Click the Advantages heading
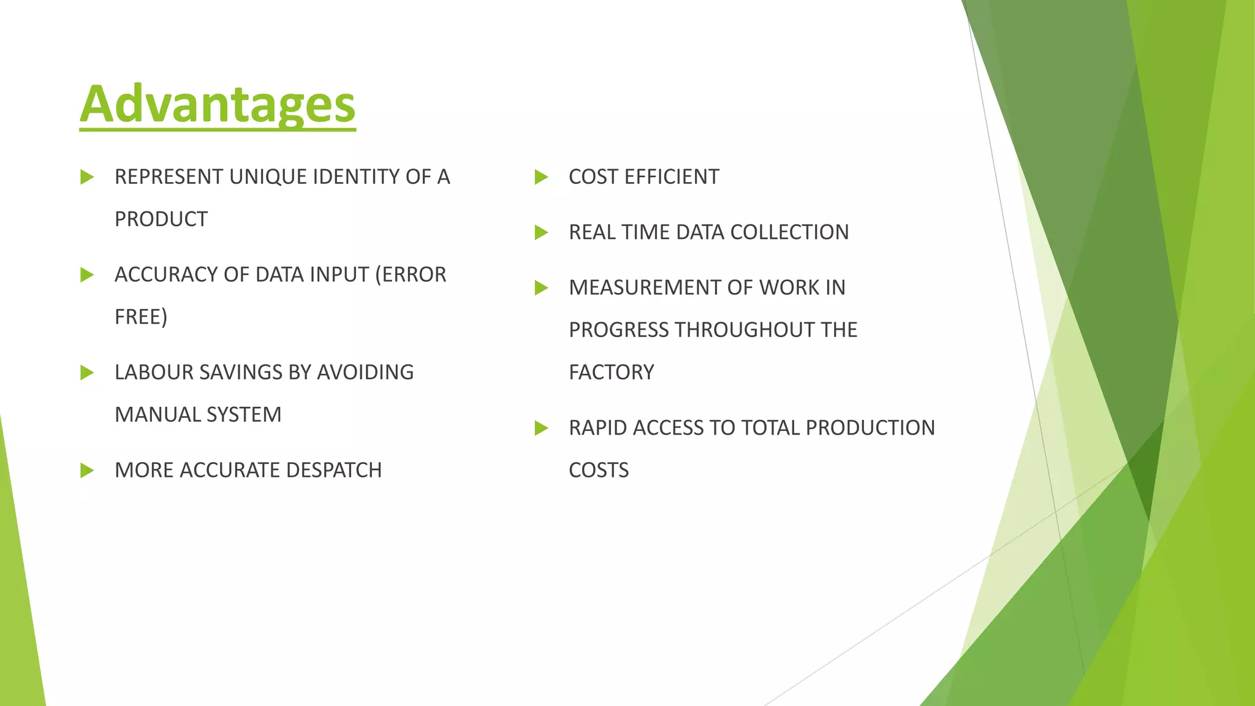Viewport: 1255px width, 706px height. pyautogui.click(x=218, y=104)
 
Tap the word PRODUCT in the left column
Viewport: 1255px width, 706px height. pyautogui.click(x=161, y=219)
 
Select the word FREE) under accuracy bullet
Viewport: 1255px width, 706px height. pyautogui.click(x=141, y=317)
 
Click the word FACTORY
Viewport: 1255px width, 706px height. pyautogui.click(x=612, y=373)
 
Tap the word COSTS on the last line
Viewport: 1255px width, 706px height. pyautogui.click(x=599, y=470)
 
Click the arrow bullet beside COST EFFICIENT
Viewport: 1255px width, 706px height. pyautogui.click(x=540, y=177)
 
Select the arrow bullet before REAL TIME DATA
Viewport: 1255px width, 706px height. pyautogui.click(x=540, y=232)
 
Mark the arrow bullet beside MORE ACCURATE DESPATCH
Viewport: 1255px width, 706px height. pyautogui.click(x=86, y=470)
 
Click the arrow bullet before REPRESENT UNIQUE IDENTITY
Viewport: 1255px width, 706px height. pyautogui.click(x=86, y=177)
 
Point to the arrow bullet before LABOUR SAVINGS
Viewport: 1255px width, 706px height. pyautogui.click(x=86, y=373)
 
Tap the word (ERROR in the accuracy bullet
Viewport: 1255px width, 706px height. pyautogui.click(x=411, y=275)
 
